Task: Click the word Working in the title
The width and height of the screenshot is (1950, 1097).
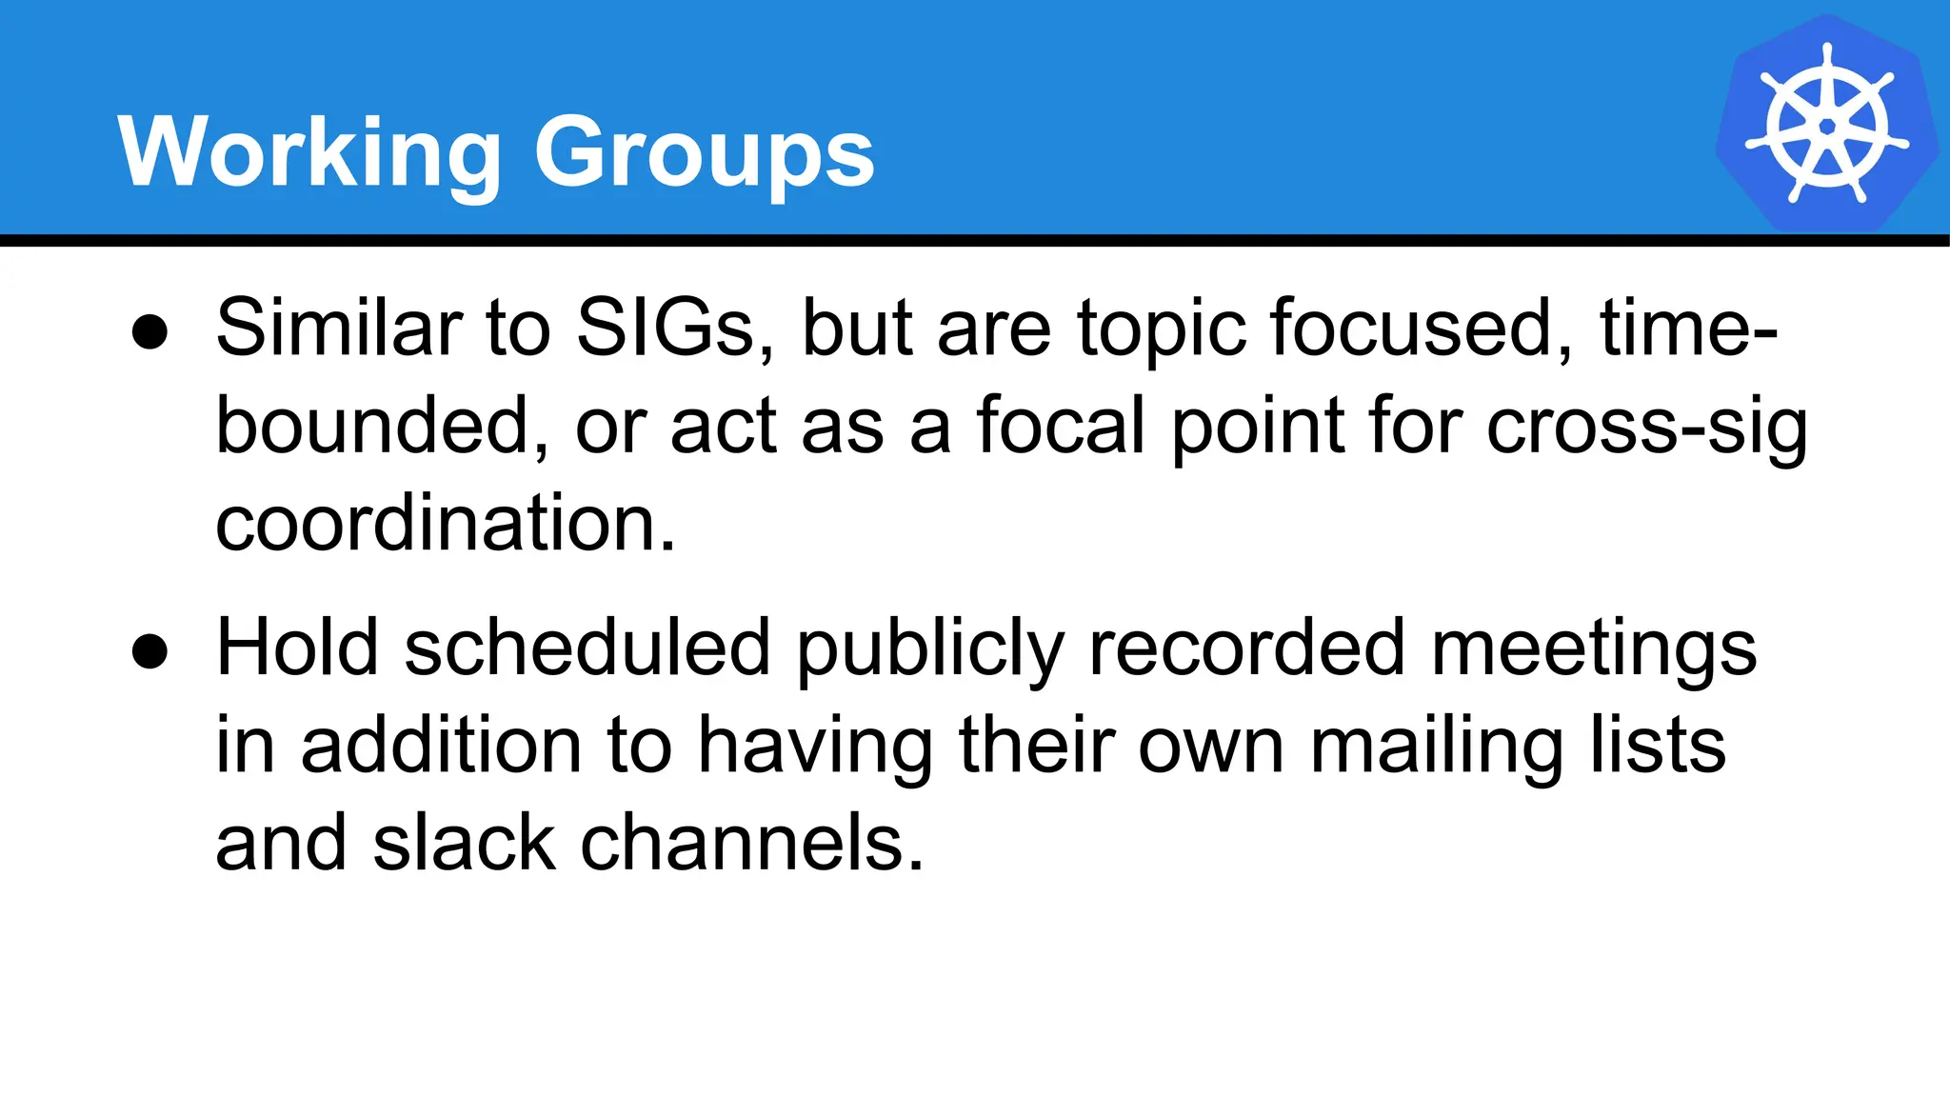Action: tap(309, 152)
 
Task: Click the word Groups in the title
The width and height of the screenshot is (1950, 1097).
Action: tap(704, 152)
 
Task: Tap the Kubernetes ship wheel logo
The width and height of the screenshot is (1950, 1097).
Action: tap(1826, 125)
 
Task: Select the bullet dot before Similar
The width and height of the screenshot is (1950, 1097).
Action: tap(150, 333)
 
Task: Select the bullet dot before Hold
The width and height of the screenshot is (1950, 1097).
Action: tap(150, 653)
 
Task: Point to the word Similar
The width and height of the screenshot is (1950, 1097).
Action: tap(338, 329)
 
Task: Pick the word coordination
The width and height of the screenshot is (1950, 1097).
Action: tap(445, 524)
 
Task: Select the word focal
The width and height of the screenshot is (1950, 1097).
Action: tap(1061, 427)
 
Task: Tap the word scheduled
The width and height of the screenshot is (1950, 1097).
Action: tap(587, 648)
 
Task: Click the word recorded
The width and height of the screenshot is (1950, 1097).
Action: tap(1246, 648)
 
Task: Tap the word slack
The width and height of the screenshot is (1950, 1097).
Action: tap(464, 844)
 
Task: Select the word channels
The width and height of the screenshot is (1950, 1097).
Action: tap(751, 844)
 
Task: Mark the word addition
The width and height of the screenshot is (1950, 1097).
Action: tap(441, 746)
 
